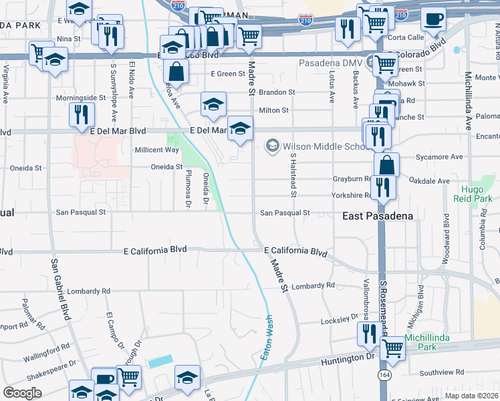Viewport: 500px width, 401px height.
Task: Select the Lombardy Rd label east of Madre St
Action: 312,285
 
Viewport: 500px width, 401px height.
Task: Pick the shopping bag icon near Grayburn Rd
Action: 387,164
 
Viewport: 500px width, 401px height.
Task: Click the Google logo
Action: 22,393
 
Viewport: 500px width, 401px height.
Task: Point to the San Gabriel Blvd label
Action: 59,287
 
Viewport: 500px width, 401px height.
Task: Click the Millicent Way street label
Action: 157,150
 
